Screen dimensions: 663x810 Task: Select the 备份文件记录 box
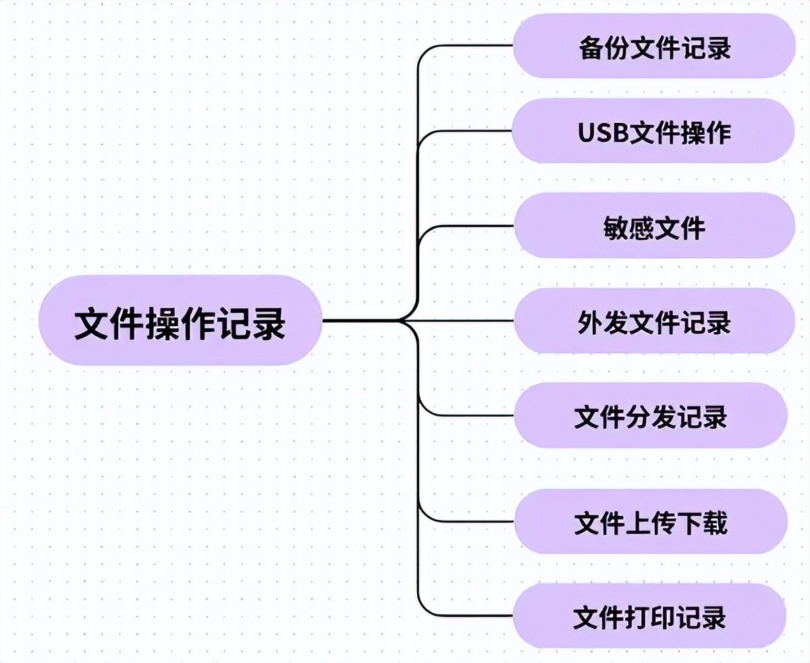(x=654, y=47)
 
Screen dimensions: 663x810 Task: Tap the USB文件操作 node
(x=653, y=132)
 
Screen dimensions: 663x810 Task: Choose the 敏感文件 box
(x=654, y=226)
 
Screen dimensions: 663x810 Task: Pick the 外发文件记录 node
(x=654, y=321)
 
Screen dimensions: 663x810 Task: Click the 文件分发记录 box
(x=651, y=415)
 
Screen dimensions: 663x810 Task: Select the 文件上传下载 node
(x=651, y=522)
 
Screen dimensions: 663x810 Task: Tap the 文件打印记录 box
(x=649, y=616)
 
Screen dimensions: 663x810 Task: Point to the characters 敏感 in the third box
(x=629, y=228)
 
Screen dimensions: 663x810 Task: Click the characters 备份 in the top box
(x=603, y=48)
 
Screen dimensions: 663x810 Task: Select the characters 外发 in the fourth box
(x=603, y=322)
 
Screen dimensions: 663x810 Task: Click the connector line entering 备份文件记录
(x=473, y=46)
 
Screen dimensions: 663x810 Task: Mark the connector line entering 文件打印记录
(x=473, y=616)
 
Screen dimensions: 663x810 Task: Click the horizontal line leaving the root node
(x=358, y=320)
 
